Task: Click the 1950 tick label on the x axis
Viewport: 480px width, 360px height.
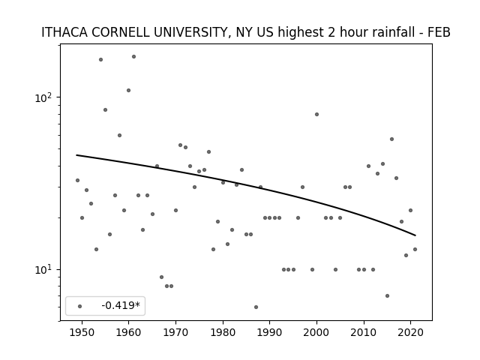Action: click(82, 333)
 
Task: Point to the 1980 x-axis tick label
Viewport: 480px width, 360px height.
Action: click(223, 333)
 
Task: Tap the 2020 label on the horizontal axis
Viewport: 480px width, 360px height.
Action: click(410, 333)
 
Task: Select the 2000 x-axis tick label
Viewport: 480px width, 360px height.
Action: click(316, 333)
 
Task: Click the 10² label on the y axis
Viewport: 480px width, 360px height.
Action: click(43, 97)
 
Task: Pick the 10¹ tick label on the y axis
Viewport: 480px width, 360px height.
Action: click(43, 270)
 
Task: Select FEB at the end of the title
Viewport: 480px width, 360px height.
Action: click(439, 32)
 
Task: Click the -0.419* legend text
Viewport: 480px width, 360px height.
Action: click(121, 305)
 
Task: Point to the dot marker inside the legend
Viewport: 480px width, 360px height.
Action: click(79, 306)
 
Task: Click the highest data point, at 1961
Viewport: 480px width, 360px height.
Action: click(133, 57)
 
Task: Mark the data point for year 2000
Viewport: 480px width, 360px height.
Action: click(316, 115)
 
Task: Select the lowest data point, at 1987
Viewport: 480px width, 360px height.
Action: click(256, 307)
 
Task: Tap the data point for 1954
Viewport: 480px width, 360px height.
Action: click(100, 60)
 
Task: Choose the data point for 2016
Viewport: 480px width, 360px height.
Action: click(391, 139)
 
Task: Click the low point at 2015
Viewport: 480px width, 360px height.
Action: click(387, 295)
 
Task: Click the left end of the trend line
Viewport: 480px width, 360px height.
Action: click(76, 155)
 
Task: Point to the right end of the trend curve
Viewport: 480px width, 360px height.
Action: click(415, 235)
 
